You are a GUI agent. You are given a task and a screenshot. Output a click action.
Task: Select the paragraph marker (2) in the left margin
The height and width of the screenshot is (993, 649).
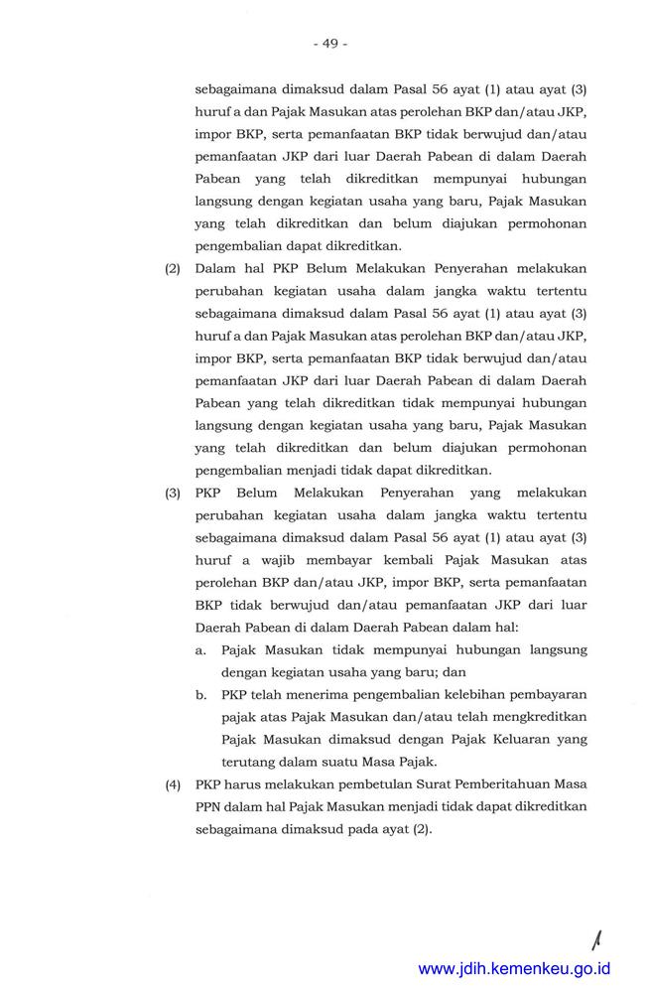[172, 269]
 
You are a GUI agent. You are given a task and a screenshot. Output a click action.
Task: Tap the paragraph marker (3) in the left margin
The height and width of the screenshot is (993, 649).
[172, 492]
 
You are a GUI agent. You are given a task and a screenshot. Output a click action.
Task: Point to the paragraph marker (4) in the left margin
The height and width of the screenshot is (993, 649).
[172, 784]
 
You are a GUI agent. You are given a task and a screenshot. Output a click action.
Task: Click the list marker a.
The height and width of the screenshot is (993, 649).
[200, 649]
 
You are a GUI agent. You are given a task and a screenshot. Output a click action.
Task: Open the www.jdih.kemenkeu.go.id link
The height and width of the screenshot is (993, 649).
[514, 968]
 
